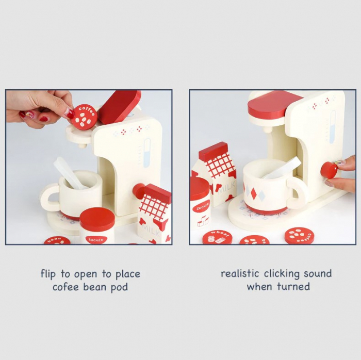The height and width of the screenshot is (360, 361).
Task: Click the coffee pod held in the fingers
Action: tap(84, 117)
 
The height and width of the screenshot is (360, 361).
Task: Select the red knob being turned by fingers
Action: tap(329, 170)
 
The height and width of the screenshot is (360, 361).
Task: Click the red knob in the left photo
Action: tap(139, 191)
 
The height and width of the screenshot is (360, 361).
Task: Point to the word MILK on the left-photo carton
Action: tap(151, 230)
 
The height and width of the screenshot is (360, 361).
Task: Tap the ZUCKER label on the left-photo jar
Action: tap(96, 240)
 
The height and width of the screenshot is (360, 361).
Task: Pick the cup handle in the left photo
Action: tap(50, 198)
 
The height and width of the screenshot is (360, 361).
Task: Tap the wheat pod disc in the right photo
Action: tap(217, 237)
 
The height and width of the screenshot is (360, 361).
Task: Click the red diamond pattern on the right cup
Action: tap(254, 193)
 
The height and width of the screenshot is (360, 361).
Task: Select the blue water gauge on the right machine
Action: tap(333, 126)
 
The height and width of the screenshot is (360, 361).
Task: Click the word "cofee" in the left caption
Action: tap(66, 287)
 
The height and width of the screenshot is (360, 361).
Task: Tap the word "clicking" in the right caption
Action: tap(282, 274)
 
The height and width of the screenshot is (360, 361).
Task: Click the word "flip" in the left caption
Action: tap(48, 274)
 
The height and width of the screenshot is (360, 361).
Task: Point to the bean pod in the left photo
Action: tap(57, 240)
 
